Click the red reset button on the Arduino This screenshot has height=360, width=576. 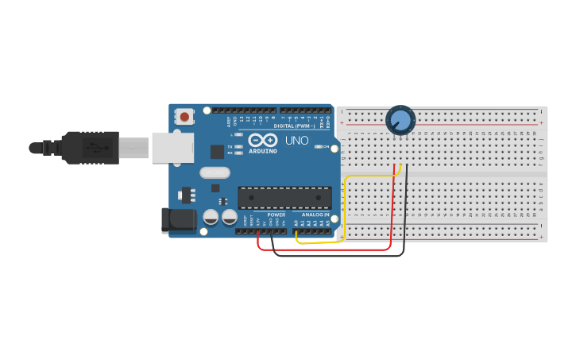185,117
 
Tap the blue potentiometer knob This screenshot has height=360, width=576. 400,120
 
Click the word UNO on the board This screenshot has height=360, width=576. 296,141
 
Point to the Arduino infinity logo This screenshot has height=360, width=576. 263,140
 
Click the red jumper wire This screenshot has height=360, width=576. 326,250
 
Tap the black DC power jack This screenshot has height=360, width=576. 178,220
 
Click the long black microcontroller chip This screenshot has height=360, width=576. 284,198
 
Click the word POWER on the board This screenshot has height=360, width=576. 276,215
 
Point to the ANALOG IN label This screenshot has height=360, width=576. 315,215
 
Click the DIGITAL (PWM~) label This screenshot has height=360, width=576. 295,126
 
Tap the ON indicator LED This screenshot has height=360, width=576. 317,147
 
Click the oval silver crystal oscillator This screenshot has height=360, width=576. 215,172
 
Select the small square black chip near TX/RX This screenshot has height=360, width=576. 217,151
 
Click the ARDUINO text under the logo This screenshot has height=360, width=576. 263,151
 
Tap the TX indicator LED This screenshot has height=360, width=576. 239,147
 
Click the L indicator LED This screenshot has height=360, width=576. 239,135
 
